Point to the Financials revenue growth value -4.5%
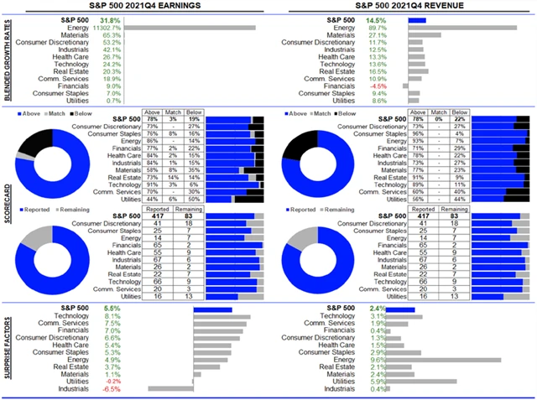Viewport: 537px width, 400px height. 379,86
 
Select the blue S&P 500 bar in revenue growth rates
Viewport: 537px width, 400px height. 417,19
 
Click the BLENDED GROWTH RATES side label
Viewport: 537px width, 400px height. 8,59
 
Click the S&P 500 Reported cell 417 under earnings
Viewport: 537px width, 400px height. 154,216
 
